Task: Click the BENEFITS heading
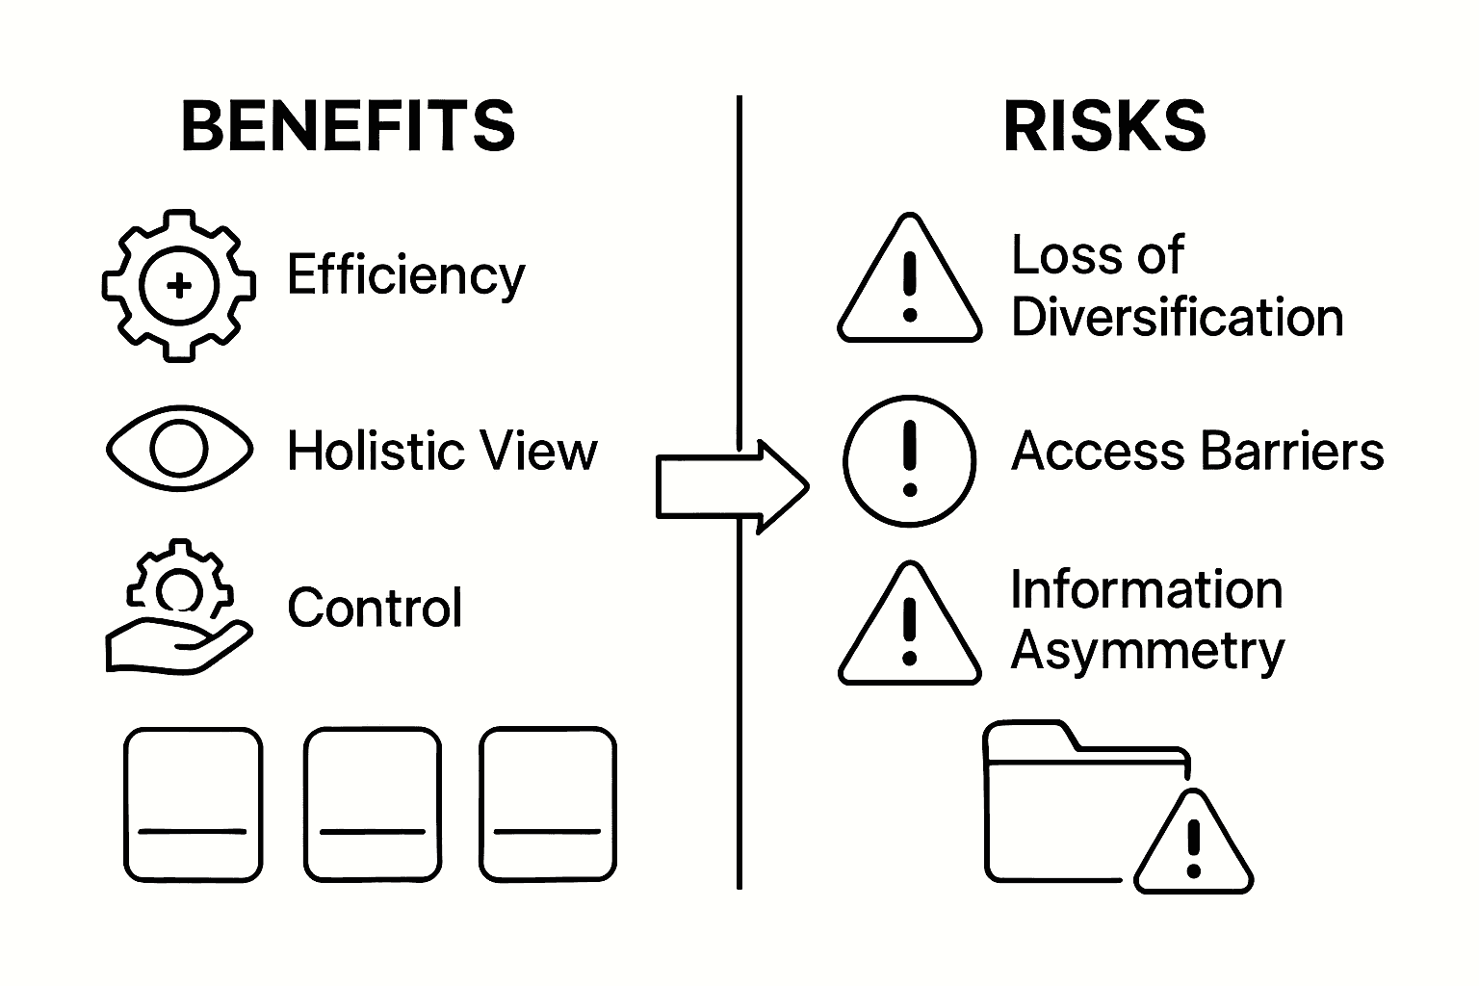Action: [x=348, y=126]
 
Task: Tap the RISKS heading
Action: [x=1104, y=126]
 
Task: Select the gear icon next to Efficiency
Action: [x=179, y=285]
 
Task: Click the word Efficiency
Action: [x=405, y=275]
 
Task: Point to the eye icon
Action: [x=179, y=449]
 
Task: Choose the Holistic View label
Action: [x=442, y=451]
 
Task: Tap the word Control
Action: [x=375, y=609]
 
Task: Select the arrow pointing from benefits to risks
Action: [x=732, y=487]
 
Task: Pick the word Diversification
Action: [x=1177, y=318]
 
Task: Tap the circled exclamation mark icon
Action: [x=909, y=460]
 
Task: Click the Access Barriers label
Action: [x=1197, y=451]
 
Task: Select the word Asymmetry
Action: [x=1147, y=652]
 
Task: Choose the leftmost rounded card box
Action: [x=193, y=804]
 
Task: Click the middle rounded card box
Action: [x=372, y=804]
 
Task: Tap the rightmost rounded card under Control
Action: [x=547, y=804]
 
